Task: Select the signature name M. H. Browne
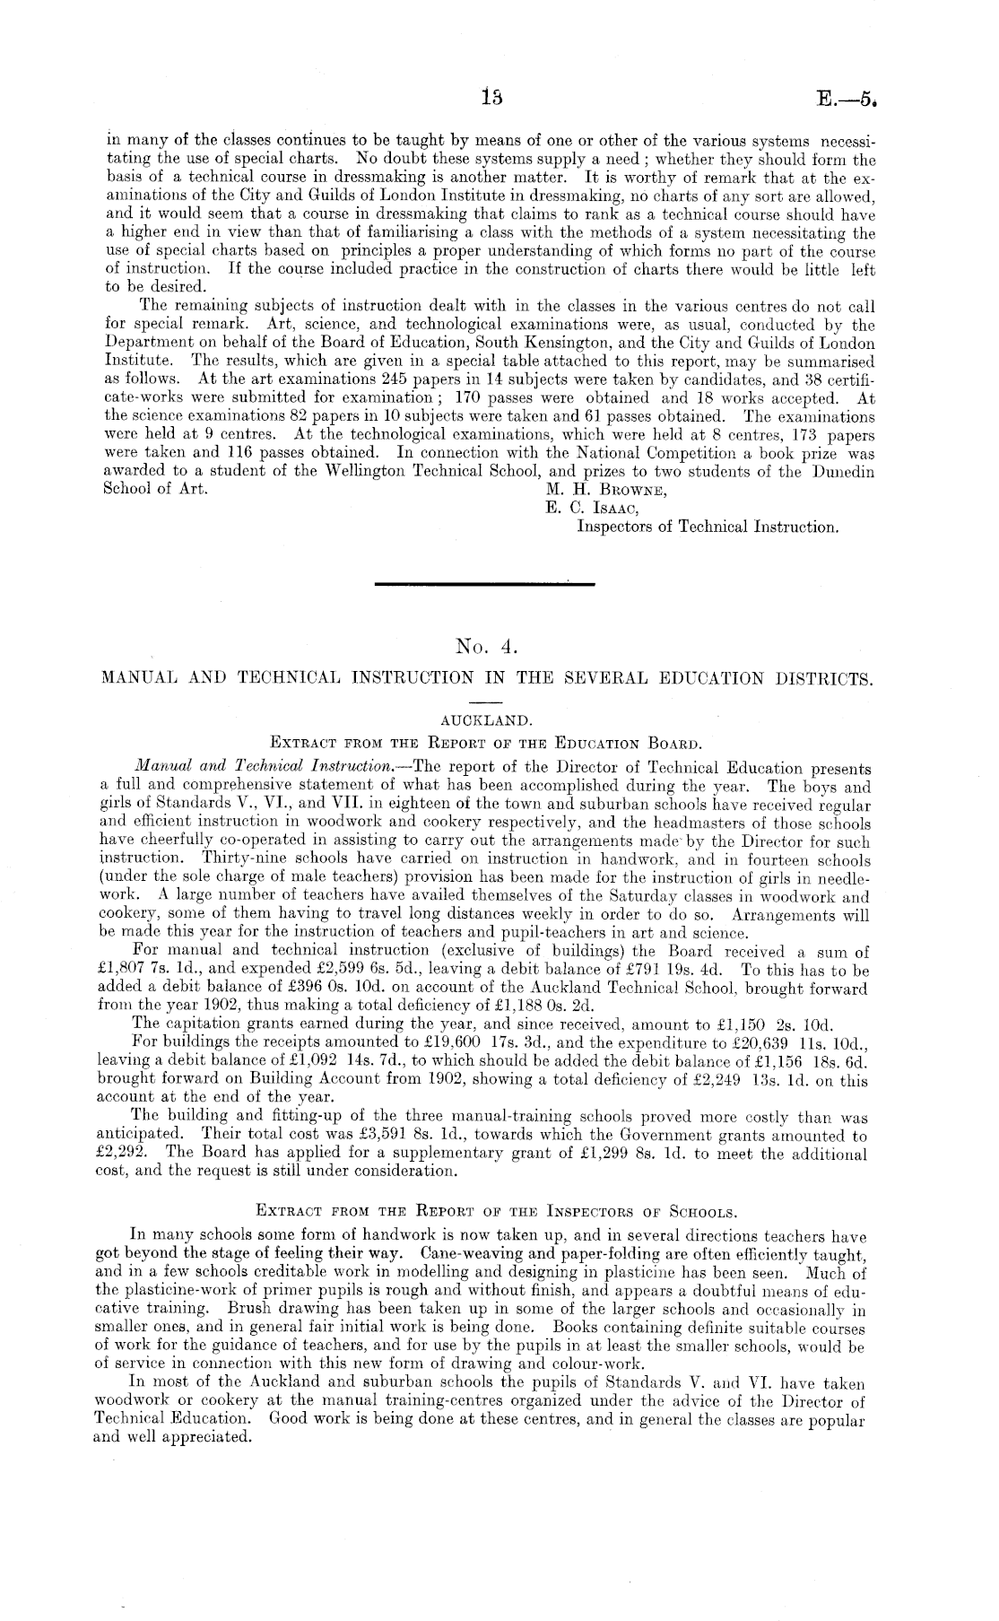(606, 490)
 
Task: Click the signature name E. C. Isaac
(595, 508)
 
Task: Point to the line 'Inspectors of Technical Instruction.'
(708, 527)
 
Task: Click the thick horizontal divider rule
(485, 585)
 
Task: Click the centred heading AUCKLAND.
(487, 719)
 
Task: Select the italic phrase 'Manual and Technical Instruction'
(261, 768)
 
